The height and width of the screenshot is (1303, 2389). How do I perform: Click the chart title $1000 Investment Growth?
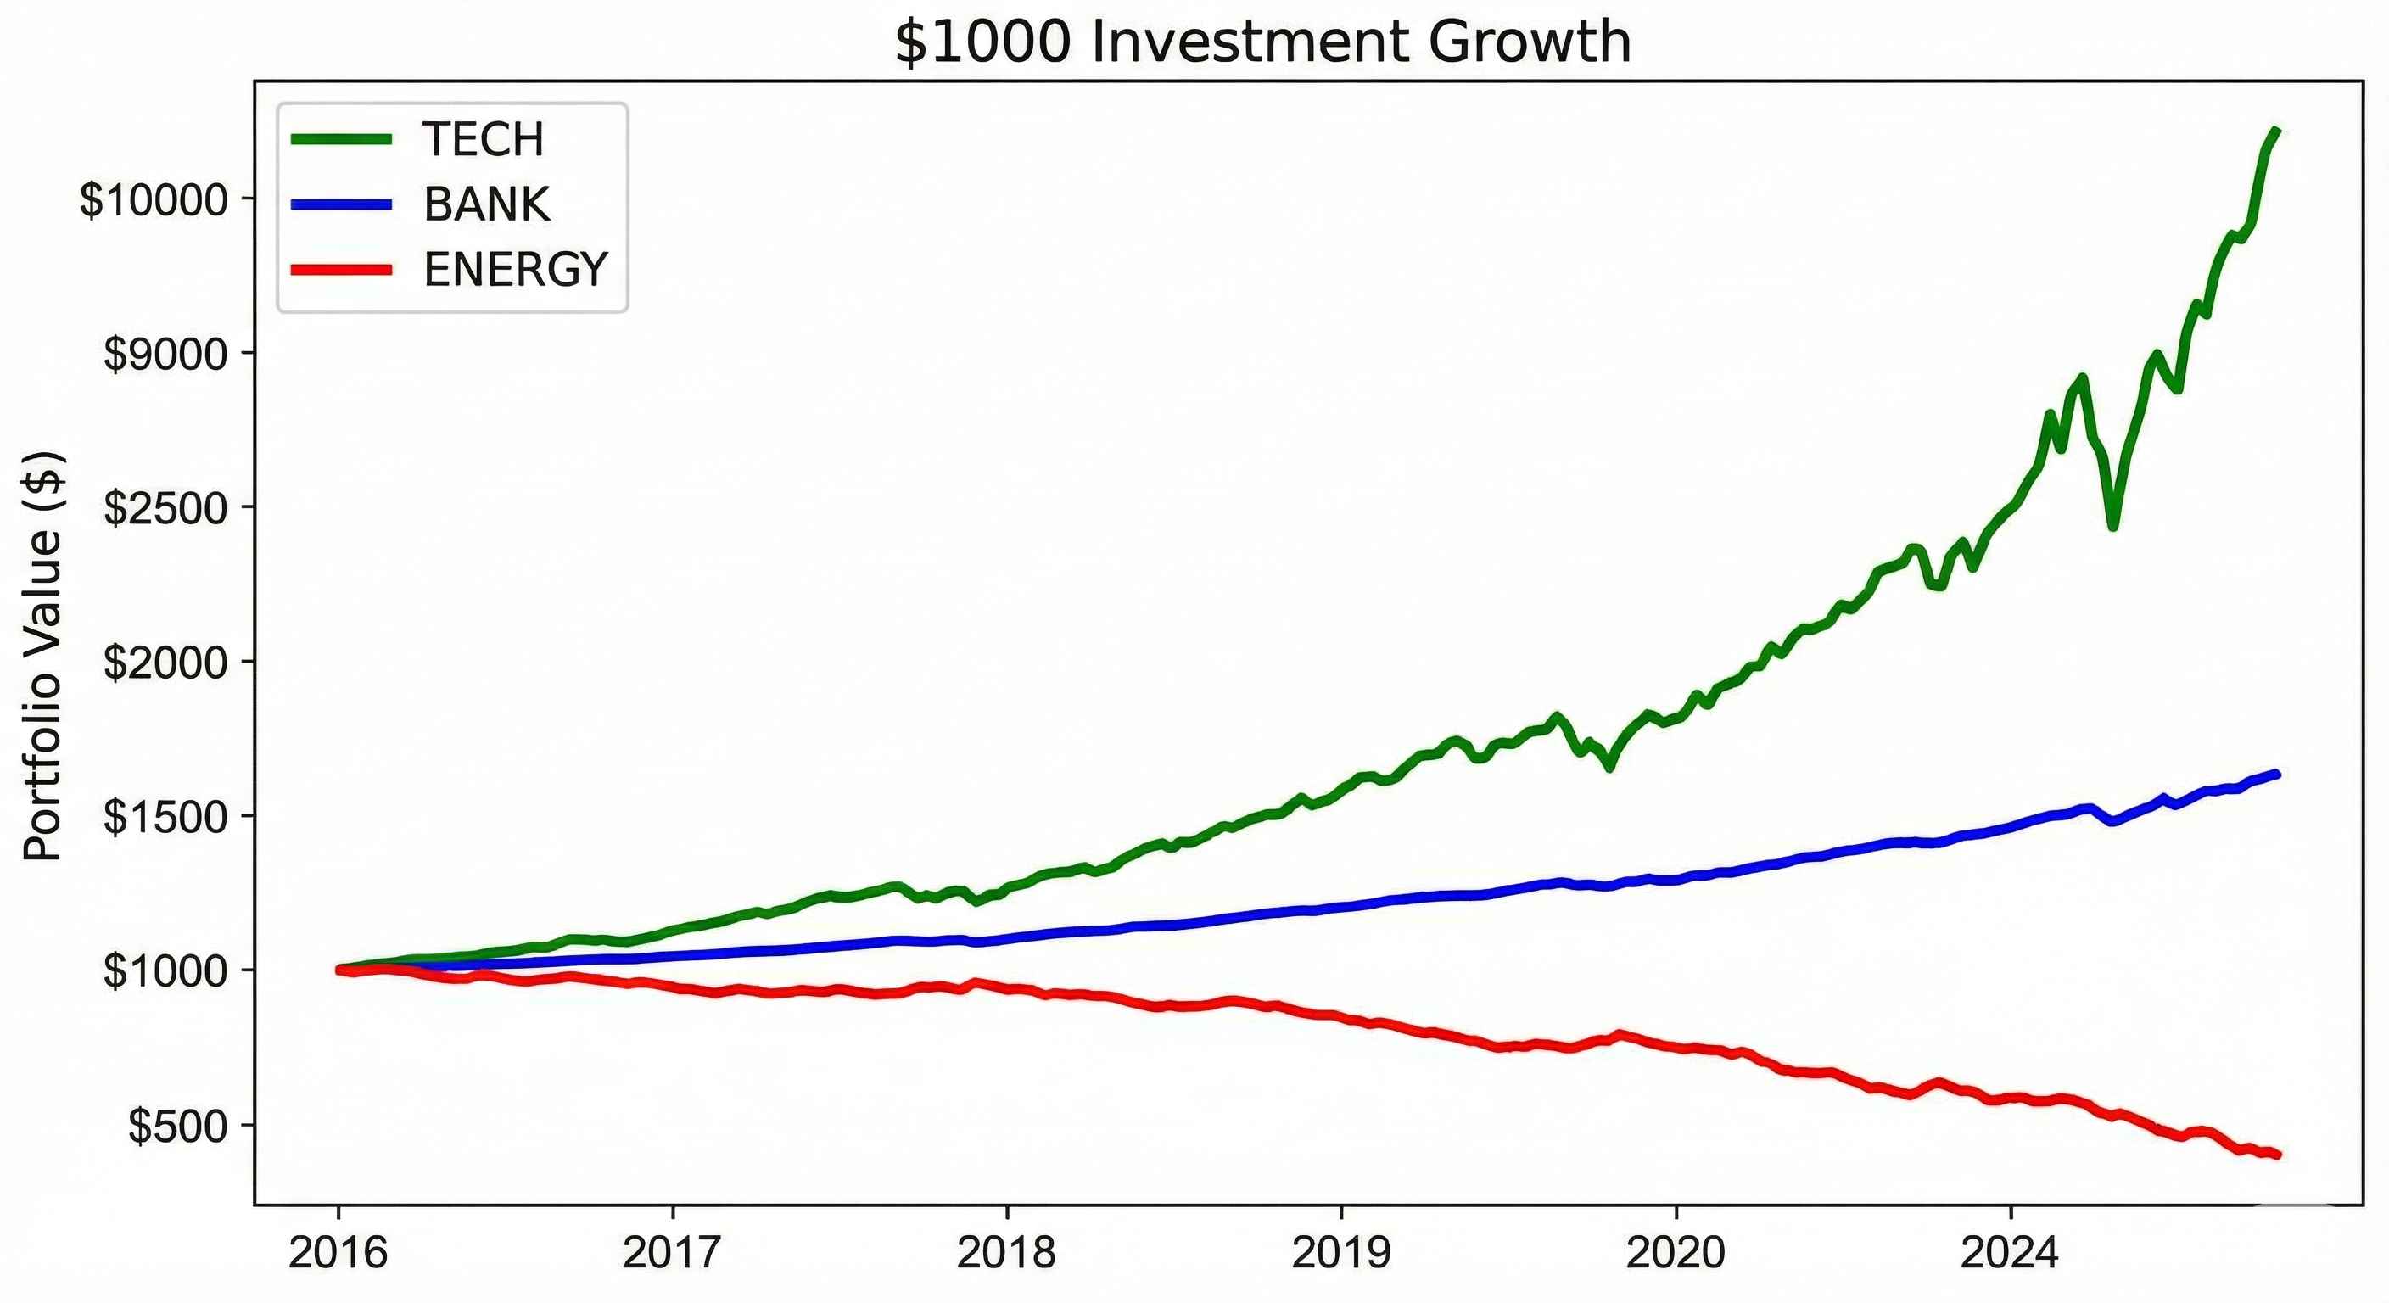(1262, 42)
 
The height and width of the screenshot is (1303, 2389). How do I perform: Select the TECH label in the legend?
(484, 139)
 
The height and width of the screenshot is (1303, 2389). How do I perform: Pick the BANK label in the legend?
(487, 204)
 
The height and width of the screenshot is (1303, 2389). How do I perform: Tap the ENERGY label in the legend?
(516, 270)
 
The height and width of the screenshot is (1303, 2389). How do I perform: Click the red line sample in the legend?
(341, 270)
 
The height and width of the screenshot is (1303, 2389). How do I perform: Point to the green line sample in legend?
(341, 139)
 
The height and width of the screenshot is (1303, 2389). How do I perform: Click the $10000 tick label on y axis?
(154, 199)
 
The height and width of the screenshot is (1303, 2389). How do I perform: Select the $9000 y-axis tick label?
(165, 354)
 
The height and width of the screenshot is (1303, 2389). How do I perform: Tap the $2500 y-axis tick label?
(165, 508)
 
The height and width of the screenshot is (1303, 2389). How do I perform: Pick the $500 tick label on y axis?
(177, 1126)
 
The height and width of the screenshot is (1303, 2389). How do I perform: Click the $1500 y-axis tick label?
(165, 817)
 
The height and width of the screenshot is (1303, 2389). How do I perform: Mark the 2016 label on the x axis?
(338, 1253)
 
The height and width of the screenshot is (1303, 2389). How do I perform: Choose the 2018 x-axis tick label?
(1006, 1253)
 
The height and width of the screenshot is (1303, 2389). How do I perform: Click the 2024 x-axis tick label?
(2010, 1253)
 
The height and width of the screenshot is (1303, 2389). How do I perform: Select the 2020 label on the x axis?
(1676, 1253)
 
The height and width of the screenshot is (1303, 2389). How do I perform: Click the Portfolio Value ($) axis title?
(42, 656)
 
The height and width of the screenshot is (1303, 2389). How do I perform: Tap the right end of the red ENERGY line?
(2278, 1155)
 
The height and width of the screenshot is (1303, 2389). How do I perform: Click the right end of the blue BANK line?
(2278, 774)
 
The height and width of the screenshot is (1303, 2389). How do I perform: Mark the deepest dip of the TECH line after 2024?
(2112, 527)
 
